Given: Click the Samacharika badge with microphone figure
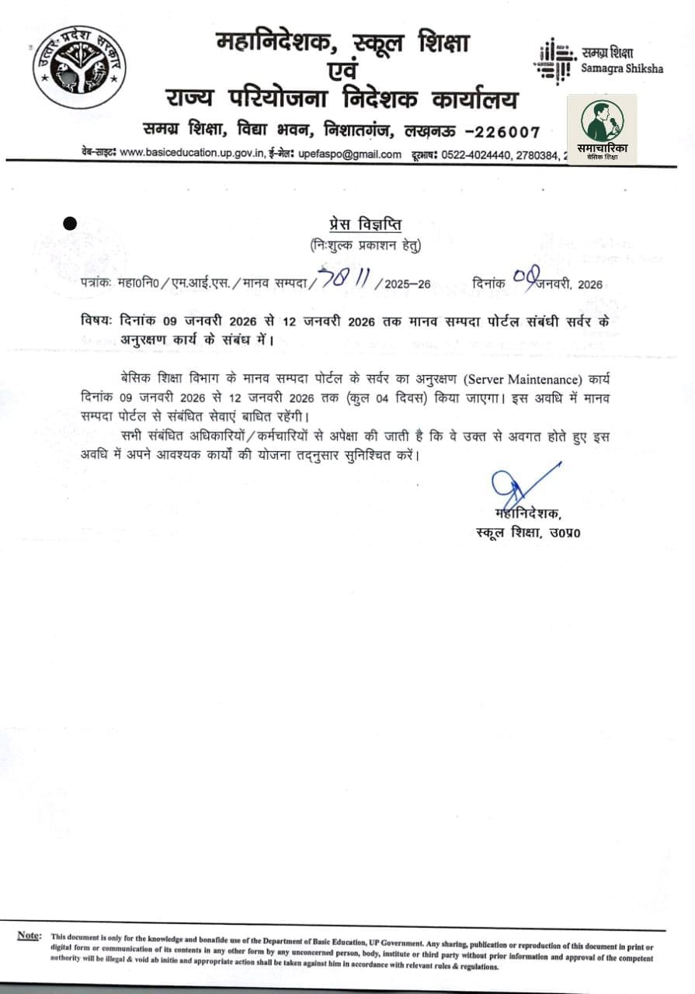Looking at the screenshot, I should click(x=602, y=129).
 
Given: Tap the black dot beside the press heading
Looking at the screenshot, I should click(x=69, y=224).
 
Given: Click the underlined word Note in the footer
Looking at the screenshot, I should click(x=30, y=936).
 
